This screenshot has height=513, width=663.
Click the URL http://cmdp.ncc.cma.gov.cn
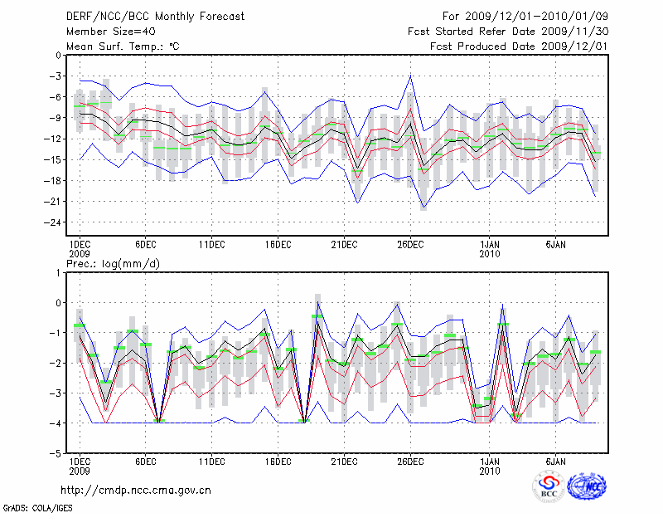pos(136,490)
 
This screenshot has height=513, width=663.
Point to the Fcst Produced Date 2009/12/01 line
pos(519,46)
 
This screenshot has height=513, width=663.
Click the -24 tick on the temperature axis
pos(56,222)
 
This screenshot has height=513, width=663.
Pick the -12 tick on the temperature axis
pos(56,139)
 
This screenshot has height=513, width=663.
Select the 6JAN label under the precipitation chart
pos(555,461)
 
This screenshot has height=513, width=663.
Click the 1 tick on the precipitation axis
pos(60,272)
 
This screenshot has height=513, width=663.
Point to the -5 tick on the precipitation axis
pos(57,454)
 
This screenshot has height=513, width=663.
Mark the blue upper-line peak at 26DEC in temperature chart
pos(410,76)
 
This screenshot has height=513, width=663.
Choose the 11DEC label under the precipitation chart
pos(211,461)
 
